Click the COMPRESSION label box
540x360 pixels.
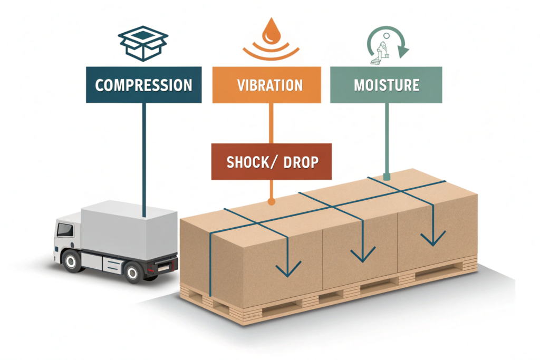tap(143, 84)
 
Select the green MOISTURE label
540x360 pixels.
tap(387, 84)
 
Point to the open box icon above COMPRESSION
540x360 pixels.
tap(143, 41)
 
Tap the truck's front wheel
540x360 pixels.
tap(71, 259)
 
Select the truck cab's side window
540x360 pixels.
tap(65, 230)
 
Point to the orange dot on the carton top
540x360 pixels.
tap(271, 201)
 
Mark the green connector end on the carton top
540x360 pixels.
tap(387, 177)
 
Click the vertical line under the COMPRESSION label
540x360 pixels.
tap(143, 158)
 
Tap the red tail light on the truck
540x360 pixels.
tap(153, 268)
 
